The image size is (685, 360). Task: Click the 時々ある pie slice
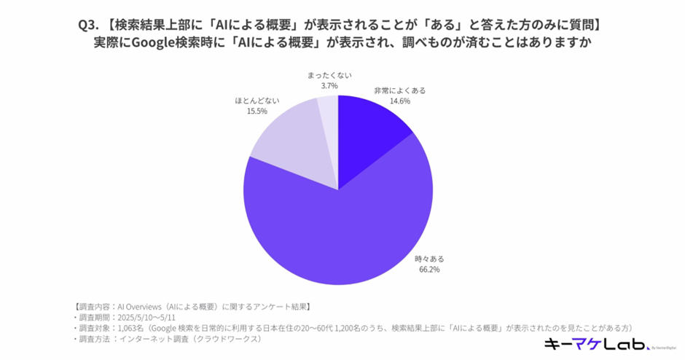[342, 226]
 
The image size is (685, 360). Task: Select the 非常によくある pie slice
[369, 136]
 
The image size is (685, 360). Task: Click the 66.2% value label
[429, 270]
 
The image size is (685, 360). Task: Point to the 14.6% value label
[400, 101]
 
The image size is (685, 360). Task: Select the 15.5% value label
[257, 111]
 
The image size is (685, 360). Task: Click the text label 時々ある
[429, 259]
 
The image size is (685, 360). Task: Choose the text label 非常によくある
[400, 90]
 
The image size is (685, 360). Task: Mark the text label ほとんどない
[257, 101]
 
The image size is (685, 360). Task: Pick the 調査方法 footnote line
[168, 339]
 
